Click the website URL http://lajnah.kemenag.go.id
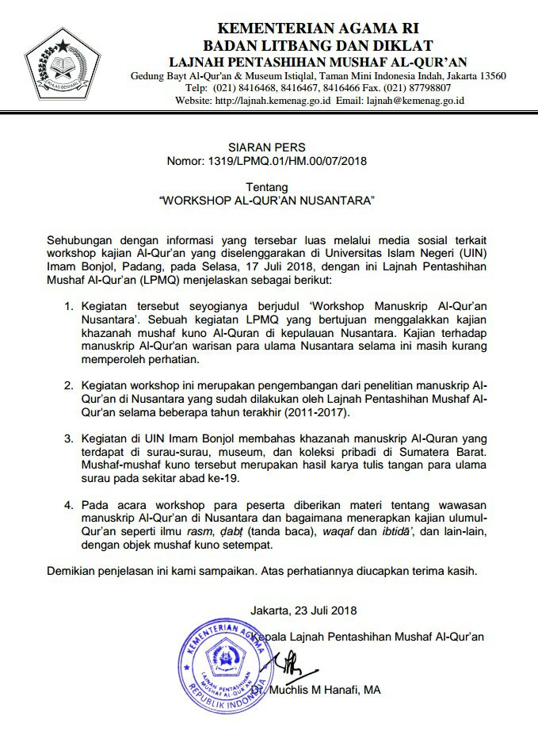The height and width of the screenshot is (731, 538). tap(273, 101)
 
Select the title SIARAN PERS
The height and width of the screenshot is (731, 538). tap(266, 147)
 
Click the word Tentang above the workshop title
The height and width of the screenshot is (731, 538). tap(266, 189)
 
